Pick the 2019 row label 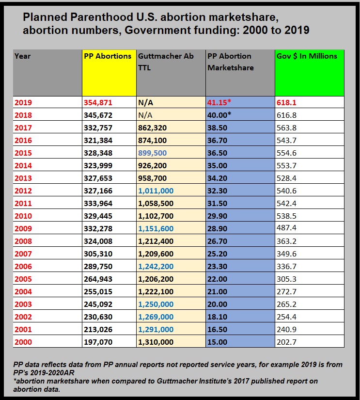click(x=23, y=103)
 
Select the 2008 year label click(x=23, y=241)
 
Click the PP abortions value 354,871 click(x=98, y=103)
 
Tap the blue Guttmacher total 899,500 click(x=152, y=153)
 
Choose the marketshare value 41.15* click(x=219, y=102)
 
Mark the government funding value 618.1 click(x=286, y=103)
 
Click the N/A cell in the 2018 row click(x=145, y=115)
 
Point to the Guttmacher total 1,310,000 click(x=156, y=342)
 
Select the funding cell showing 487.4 click(x=286, y=227)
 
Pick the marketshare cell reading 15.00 click(x=217, y=342)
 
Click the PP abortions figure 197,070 click(x=98, y=342)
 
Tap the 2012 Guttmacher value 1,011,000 click(x=156, y=191)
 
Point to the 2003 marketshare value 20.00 click(x=217, y=304)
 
